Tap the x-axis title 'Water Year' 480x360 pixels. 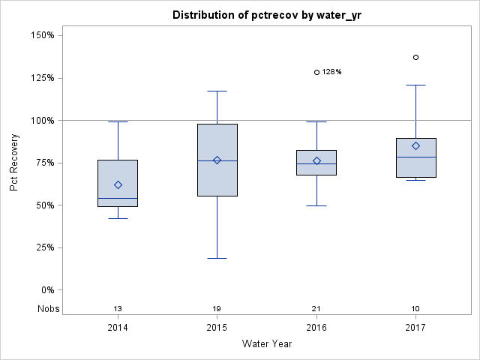point(268,343)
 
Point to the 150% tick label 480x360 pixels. point(40,35)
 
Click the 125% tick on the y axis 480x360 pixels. point(40,78)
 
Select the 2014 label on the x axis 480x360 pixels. point(118,328)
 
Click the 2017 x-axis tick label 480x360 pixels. point(415,328)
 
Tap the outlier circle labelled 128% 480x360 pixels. point(316,73)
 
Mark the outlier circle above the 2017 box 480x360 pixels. point(415,57)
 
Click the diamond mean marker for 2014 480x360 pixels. point(118,184)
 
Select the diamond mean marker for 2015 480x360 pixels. point(217,160)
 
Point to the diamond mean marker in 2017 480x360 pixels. point(415,145)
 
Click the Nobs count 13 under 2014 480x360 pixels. point(118,308)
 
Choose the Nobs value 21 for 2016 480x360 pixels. point(316,308)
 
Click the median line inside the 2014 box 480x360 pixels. point(118,198)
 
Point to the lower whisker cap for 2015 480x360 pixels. point(217,258)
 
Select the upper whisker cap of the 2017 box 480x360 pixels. point(415,85)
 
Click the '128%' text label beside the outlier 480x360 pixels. point(332,73)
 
